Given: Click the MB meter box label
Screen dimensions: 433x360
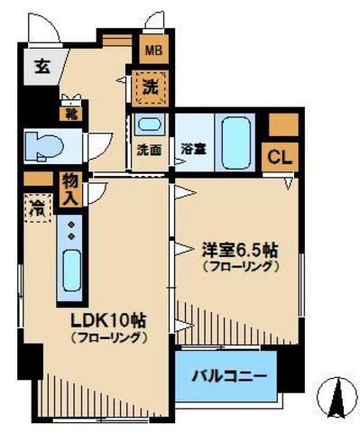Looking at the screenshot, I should pos(150,51).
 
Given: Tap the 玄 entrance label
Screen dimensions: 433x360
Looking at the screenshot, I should pos(42,66).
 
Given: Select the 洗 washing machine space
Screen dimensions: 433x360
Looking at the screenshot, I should pos(150,88).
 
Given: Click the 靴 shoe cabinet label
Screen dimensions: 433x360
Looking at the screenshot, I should pos(69,115).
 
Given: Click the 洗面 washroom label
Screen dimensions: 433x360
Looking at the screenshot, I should pos(150,150).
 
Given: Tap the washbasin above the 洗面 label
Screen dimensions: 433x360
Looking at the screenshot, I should pos(150,124).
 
